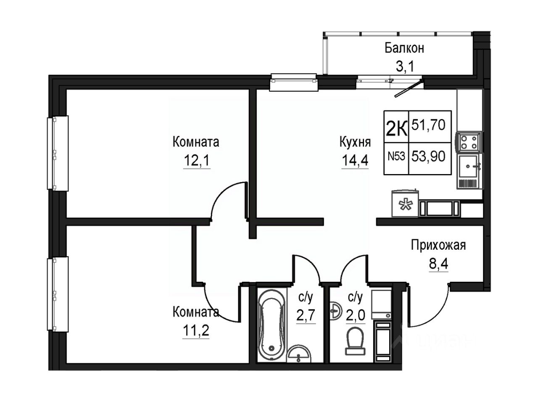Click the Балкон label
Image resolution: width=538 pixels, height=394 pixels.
(x=404, y=48)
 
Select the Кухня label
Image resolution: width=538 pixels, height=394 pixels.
(x=355, y=142)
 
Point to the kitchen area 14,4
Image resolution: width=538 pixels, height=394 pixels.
(x=355, y=161)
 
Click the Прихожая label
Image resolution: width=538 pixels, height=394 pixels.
(x=438, y=245)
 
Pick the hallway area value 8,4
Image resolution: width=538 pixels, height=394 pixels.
(x=438, y=264)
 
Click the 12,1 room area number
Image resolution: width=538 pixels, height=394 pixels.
(x=196, y=161)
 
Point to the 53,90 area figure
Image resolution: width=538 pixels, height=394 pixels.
(x=430, y=156)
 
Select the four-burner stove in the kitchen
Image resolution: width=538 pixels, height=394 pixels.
(x=468, y=142)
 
